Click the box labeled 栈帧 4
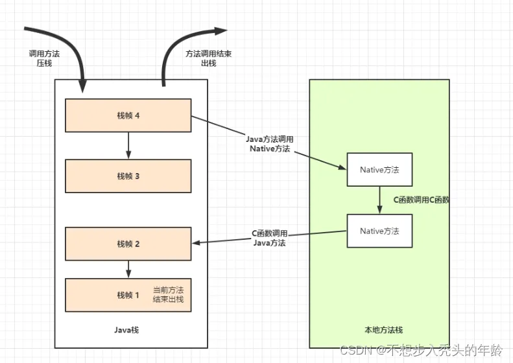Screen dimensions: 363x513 click(128, 115)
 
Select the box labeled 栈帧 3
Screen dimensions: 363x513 click(128, 176)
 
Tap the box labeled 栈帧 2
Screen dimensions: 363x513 click(128, 244)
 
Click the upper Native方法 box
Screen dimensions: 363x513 click(379, 169)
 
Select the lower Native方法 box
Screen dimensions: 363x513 click(379, 231)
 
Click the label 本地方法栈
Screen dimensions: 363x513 click(379, 330)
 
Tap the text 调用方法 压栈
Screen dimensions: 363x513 click(44, 60)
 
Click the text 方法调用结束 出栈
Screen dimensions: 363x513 click(208, 60)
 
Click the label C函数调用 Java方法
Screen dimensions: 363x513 click(270, 238)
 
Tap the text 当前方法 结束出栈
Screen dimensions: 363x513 click(169, 294)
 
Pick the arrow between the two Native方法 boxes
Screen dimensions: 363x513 click(379, 200)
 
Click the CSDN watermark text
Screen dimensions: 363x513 click(421, 350)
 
